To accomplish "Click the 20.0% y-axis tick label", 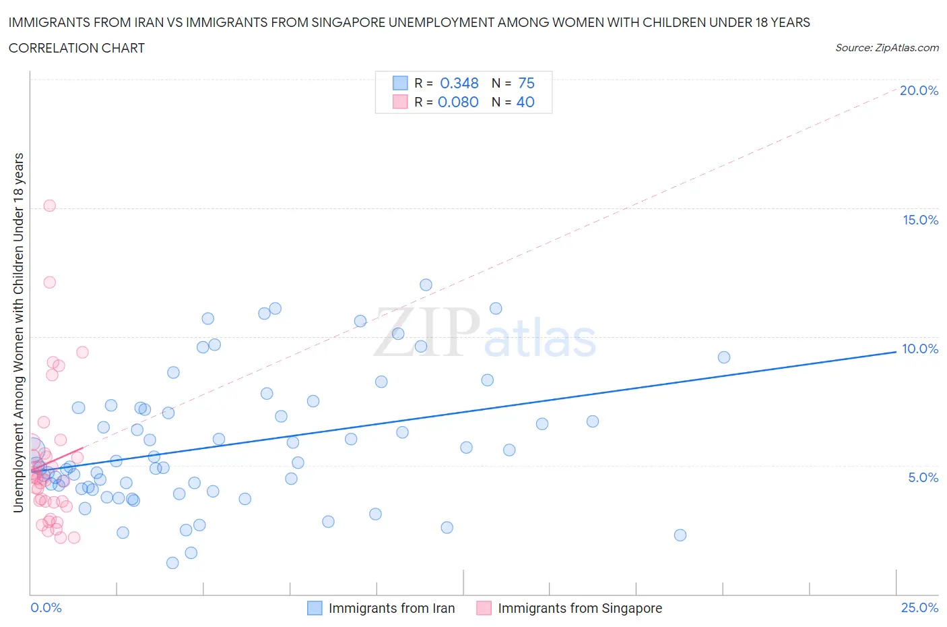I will [919, 90].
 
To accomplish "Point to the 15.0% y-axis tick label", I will [920, 220].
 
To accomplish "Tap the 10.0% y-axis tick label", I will [920, 349].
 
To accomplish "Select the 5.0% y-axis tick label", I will [923, 477].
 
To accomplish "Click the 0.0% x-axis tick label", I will [46, 607].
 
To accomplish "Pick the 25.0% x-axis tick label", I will [919, 607].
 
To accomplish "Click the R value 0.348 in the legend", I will [459, 83].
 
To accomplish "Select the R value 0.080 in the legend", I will [458, 102].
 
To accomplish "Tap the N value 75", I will [526, 83].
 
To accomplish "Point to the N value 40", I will [525, 102].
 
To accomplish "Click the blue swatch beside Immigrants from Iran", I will [315, 608].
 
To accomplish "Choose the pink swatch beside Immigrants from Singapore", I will [484, 608].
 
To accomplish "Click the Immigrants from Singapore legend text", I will [580, 608].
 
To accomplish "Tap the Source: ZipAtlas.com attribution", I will [886, 48].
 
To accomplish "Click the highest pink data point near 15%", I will [49, 206].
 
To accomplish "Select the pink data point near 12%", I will [49, 282].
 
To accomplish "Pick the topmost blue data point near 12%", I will [426, 285].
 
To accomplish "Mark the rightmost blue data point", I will [724, 357].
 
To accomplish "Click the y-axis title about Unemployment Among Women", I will [18, 332].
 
